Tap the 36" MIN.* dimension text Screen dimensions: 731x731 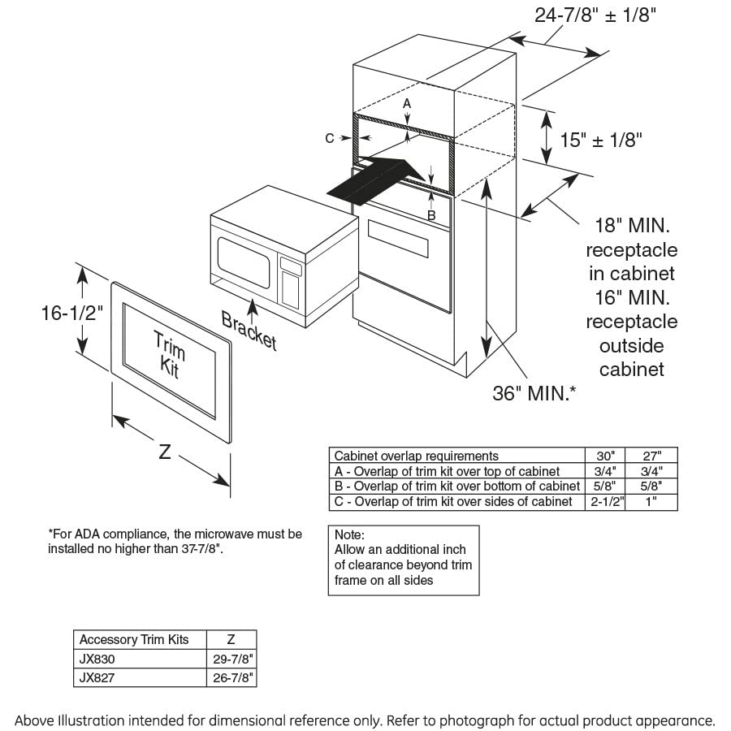pos(534,393)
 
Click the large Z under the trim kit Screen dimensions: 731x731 pos(164,452)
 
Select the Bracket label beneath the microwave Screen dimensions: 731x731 pos(249,330)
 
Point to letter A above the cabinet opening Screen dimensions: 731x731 pos(407,104)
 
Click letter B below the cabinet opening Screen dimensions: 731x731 pos(431,215)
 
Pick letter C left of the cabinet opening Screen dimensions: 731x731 pos(330,139)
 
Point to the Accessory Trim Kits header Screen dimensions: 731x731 pos(134,640)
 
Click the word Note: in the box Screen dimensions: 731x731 pos(350,535)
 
